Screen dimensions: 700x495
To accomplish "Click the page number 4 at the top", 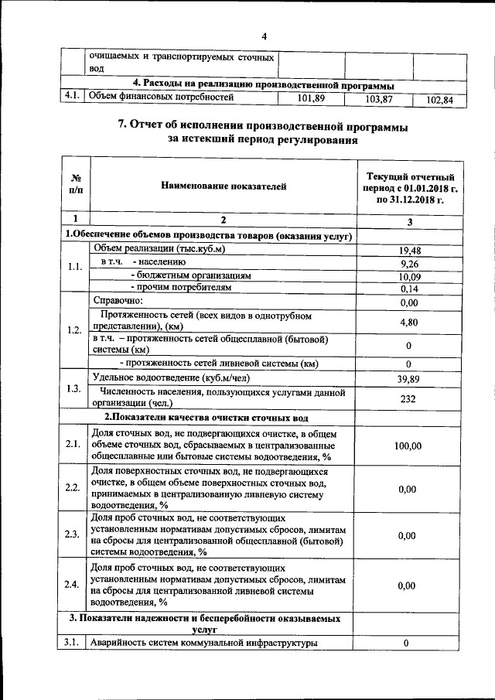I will coord(263,37).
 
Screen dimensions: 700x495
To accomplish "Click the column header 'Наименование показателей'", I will coord(224,186).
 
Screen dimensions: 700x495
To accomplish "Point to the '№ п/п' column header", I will coord(75,186).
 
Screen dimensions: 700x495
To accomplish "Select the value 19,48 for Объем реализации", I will coord(409,251).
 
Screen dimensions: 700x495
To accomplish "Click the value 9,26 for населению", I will coord(409,264).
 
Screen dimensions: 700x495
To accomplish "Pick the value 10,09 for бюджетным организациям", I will coord(409,277).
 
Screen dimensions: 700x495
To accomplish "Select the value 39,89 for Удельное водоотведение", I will coord(409,379).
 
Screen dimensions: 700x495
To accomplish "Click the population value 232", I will coord(409,399).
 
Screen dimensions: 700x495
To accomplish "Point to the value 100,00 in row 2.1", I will coord(408,446).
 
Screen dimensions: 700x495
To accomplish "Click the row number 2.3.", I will coord(73,534).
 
